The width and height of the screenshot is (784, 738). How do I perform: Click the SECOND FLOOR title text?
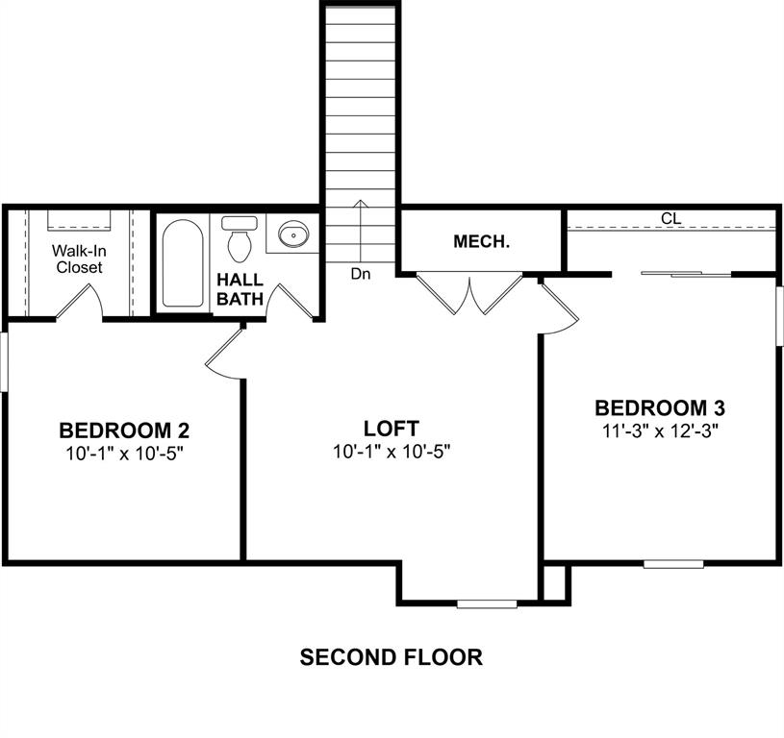click(x=391, y=657)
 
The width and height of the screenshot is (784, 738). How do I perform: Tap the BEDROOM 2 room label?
click(x=131, y=430)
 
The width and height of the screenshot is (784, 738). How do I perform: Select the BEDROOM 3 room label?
click(x=658, y=407)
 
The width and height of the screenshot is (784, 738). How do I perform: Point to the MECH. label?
click(x=481, y=242)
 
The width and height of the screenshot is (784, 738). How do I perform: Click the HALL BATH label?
click(x=240, y=289)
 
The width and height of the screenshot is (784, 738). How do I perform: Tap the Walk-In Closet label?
click(x=78, y=259)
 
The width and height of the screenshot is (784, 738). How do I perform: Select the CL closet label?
click(x=670, y=219)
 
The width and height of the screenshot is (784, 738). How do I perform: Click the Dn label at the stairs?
click(x=361, y=274)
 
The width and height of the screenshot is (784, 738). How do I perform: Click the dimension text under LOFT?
click(x=391, y=451)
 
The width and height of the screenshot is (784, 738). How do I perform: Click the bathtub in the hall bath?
click(x=181, y=263)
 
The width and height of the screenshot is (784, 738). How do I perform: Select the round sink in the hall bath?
click(x=291, y=234)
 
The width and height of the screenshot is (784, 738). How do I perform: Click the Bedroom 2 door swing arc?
click(x=222, y=352)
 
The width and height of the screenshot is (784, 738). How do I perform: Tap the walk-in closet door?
click(x=79, y=301)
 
